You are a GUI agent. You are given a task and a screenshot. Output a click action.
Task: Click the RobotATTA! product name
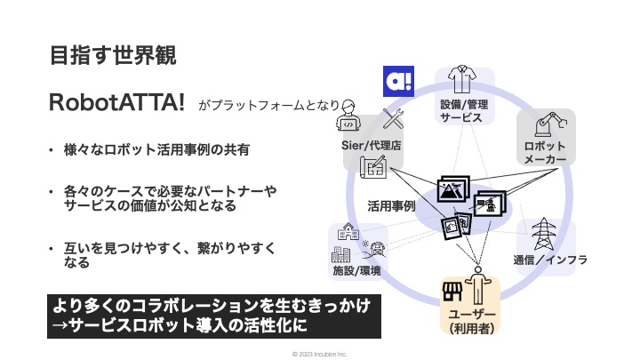(x=117, y=103)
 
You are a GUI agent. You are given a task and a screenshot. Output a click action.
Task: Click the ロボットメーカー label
(x=545, y=152)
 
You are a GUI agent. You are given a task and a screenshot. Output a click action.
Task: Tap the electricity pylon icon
(x=540, y=234)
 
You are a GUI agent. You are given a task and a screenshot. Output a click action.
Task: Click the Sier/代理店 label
(x=371, y=145)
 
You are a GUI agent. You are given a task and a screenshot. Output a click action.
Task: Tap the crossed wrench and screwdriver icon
(x=393, y=119)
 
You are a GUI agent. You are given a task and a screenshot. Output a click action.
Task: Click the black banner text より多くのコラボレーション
(x=213, y=306)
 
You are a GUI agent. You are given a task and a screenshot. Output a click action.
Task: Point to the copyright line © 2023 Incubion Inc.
(x=319, y=352)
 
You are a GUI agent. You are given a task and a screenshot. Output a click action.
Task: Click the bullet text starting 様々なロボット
(x=155, y=150)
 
